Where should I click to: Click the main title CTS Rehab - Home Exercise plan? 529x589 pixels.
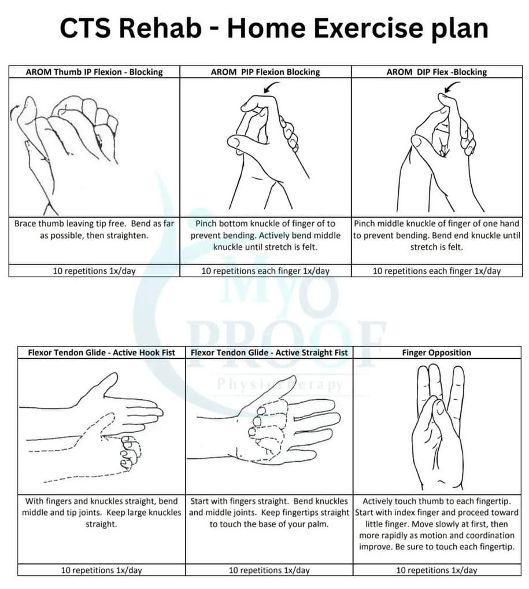[273, 28]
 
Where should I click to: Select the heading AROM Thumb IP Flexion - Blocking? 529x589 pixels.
[94, 72]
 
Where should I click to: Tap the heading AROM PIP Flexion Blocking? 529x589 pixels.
[265, 72]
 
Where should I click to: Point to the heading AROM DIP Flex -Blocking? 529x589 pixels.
[437, 72]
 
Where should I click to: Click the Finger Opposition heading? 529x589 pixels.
[436, 352]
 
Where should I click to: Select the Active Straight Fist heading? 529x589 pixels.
[269, 352]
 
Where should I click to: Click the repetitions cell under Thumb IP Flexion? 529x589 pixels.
[94, 270]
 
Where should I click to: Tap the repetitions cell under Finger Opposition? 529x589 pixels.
[436, 570]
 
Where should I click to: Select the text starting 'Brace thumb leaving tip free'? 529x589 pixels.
[94, 230]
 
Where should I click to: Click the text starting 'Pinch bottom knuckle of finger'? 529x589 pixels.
[265, 235]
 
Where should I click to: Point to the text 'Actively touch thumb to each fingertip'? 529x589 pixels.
[436, 501]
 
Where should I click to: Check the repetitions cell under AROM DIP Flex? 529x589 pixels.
[436, 270]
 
